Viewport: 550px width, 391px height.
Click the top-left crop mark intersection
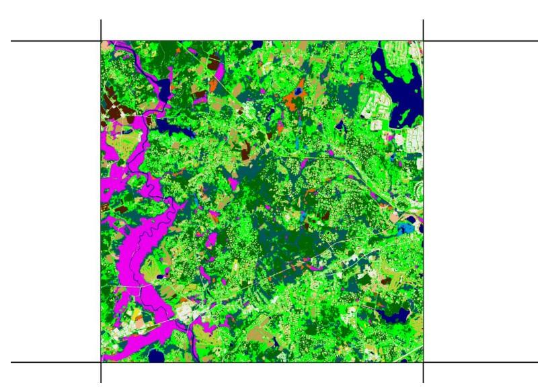click(x=101, y=41)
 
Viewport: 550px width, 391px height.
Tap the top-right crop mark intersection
click(x=423, y=41)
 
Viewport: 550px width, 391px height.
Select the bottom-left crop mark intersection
click(x=101, y=363)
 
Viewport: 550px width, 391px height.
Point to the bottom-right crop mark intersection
click(x=423, y=363)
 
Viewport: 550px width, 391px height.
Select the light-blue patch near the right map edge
click(x=404, y=229)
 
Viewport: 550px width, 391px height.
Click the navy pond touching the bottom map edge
click(x=157, y=357)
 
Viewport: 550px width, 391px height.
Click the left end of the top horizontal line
click(x=12, y=41)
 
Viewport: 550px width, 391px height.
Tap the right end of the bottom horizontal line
click(x=537, y=363)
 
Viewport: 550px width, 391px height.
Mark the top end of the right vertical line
click(x=423, y=20)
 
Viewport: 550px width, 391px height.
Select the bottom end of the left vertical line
click(x=101, y=382)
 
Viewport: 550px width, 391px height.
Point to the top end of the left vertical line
click(x=101, y=20)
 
